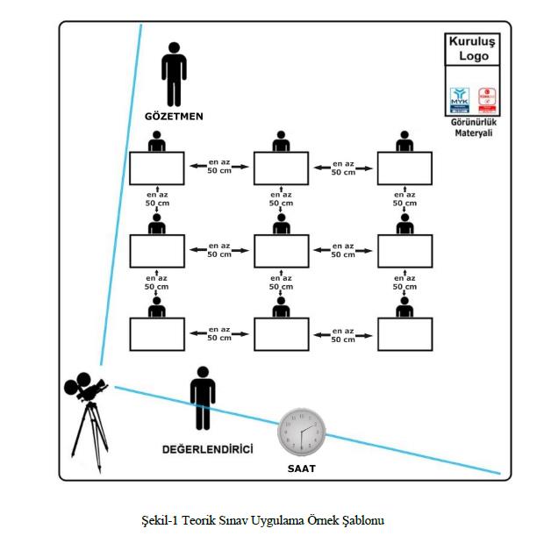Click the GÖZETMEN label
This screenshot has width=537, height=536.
point(174,116)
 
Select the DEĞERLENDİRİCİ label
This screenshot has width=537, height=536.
point(207,449)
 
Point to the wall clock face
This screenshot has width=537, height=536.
point(302,431)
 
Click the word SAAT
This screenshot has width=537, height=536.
point(301,468)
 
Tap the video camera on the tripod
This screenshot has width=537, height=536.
point(86,387)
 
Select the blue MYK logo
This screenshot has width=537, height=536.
point(460,97)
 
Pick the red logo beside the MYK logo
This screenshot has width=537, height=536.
point(487,97)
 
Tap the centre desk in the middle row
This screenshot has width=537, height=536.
point(281,251)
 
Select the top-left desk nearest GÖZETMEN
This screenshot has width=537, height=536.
point(157,168)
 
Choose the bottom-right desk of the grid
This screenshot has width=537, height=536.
point(405,334)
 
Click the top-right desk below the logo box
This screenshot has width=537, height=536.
point(405,168)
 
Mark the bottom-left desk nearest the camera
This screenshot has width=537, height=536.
point(157,334)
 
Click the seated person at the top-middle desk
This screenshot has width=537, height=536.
point(281,141)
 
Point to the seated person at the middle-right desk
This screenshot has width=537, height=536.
point(405,225)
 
